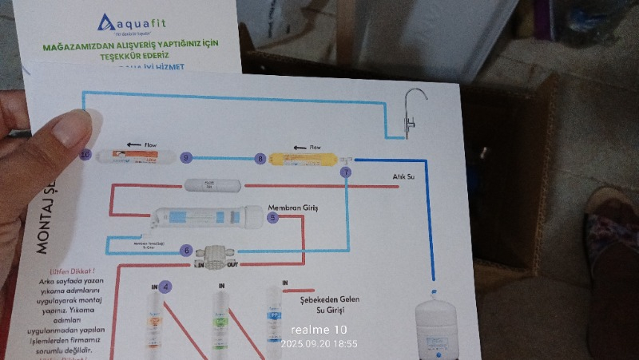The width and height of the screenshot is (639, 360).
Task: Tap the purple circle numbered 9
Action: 187,157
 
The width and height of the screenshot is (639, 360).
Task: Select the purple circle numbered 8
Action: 260,160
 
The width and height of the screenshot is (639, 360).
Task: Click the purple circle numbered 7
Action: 345,172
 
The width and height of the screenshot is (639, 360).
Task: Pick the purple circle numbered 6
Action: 186,250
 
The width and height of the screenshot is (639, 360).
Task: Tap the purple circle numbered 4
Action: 165,286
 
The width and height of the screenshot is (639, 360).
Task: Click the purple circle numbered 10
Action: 86,153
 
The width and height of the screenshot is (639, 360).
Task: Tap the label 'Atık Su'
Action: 403,177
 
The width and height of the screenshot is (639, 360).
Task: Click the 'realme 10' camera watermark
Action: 319,330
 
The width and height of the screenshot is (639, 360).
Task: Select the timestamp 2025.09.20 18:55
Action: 319,344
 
